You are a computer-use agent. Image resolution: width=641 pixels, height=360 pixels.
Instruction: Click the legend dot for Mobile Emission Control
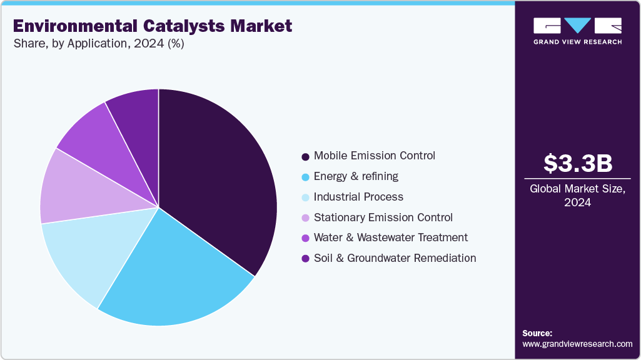click(x=305, y=156)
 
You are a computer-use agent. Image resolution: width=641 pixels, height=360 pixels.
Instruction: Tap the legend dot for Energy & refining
click(x=305, y=177)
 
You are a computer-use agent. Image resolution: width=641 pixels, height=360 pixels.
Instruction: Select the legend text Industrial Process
click(x=358, y=197)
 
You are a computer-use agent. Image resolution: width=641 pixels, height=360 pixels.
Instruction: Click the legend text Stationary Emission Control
click(x=383, y=217)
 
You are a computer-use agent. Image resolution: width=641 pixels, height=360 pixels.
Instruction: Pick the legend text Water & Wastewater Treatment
click(x=390, y=237)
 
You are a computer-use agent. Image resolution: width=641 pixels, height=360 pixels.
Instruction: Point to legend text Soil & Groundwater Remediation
click(x=395, y=258)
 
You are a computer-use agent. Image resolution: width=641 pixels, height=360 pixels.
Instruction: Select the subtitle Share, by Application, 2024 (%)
click(x=98, y=44)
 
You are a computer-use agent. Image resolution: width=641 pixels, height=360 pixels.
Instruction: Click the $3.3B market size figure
click(x=577, y=164)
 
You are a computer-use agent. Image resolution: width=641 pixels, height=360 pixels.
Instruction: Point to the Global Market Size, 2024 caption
click(x=577, y=196)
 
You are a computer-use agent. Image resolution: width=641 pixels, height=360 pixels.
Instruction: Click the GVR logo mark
click(x=577, y=26)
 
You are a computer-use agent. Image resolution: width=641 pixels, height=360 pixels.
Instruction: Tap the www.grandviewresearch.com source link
click(x=577, y=344)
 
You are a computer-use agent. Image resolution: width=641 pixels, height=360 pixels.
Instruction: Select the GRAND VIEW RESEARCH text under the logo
click(x=577, y=42)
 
